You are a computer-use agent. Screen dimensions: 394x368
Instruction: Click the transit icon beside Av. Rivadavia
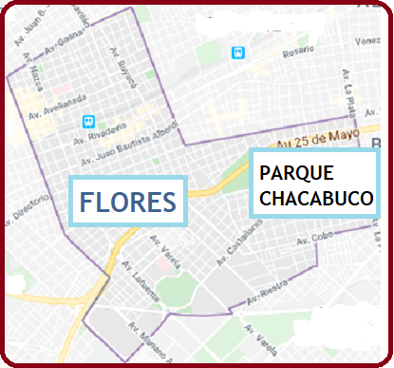point(88,122)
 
